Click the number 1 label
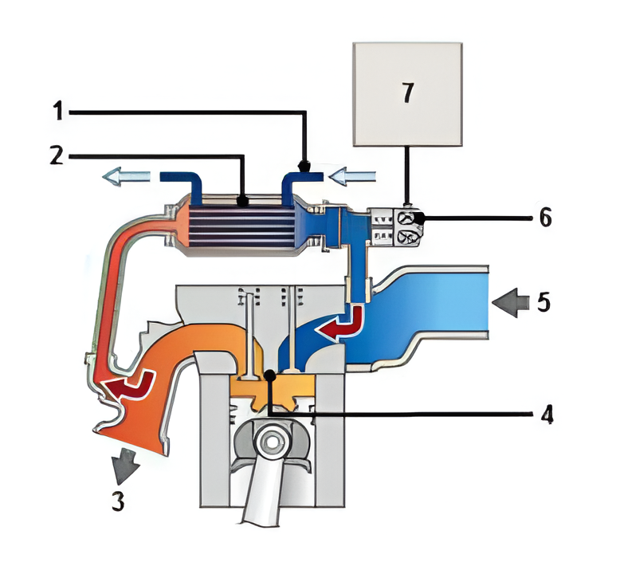(57, 112)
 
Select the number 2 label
(56, 155)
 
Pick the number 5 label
(545, 302)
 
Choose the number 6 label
(545, 217)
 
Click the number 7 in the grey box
(407, 92)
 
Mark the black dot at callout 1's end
(303, 167)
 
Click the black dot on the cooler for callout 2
(244, 202)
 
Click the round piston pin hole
(271, 441)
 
